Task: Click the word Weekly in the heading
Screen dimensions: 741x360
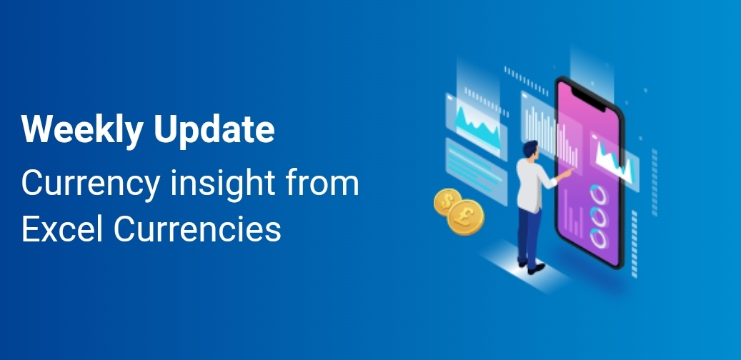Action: point(81,129)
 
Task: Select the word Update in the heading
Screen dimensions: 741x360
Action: point(214,129)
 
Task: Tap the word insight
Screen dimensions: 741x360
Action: point(222,184)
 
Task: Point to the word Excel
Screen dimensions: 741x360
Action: point(64,229)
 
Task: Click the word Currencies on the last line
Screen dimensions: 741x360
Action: point(197,230)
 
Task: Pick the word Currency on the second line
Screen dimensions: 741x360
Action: point(90,184)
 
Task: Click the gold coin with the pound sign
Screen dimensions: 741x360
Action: point(465,217)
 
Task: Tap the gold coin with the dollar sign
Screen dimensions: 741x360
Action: point(447,201)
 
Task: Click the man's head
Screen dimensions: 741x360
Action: point(530,149)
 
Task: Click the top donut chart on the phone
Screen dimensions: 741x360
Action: point(598,195)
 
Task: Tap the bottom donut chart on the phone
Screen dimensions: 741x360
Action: point(598,238)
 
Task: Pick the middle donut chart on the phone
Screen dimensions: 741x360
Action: point(598,216)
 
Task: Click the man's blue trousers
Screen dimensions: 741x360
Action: point(529,236)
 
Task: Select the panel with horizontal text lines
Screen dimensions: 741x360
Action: point(475,171)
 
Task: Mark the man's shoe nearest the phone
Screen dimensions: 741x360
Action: point(537,269)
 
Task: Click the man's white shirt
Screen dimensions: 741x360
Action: point(532,184)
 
